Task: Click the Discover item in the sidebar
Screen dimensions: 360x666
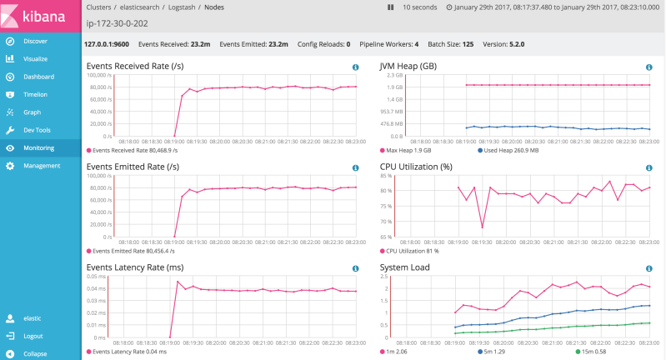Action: pyautogui.click(x=35, y=41)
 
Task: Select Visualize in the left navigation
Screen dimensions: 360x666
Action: pyautogui.click(x=35, y=59)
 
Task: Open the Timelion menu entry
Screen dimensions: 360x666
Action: pyautogui.click(x=35, y=94)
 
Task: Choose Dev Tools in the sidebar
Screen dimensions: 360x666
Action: pyautogui.click(x=37, y=130)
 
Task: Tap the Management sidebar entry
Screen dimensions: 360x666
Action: pyautogui.click(x=41, y=166)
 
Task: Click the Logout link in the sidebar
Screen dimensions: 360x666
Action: pyautogui.click(x=33, y=336)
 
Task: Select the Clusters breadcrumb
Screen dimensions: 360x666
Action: pyautogui.click(x=100, y=7)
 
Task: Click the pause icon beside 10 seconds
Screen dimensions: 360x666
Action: pyautogui.click(x=390, y=7)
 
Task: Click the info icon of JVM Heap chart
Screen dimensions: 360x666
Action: pyautogui.click(x=648, y=67)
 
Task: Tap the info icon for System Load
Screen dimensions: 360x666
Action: pyautogui.click(x=648, y=269)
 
